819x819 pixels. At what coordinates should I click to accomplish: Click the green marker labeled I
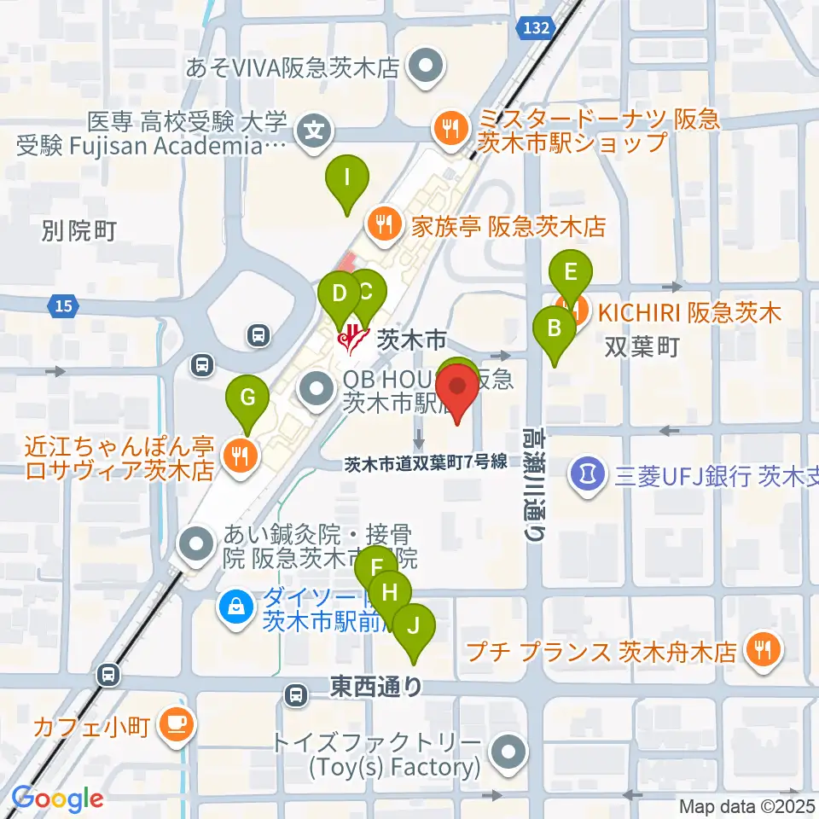pos(347,180)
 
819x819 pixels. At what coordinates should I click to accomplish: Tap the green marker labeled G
pos(247,398)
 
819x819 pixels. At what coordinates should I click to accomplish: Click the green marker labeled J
pos(414,628)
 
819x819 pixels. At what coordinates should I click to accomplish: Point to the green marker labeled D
pos(339,296)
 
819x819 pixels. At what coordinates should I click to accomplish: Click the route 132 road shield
pos(533,29)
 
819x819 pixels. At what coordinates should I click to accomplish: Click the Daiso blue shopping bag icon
pos(234,607)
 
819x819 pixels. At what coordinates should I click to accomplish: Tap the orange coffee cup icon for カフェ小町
pos(177,724)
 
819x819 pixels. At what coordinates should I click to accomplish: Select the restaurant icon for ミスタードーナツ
pos(449,129)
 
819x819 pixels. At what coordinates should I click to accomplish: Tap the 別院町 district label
pos(78,230)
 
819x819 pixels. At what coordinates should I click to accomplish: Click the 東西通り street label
pos(376,686)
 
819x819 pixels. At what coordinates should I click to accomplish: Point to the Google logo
pos(57,799)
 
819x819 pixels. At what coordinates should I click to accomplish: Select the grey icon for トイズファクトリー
pos(509,752)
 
